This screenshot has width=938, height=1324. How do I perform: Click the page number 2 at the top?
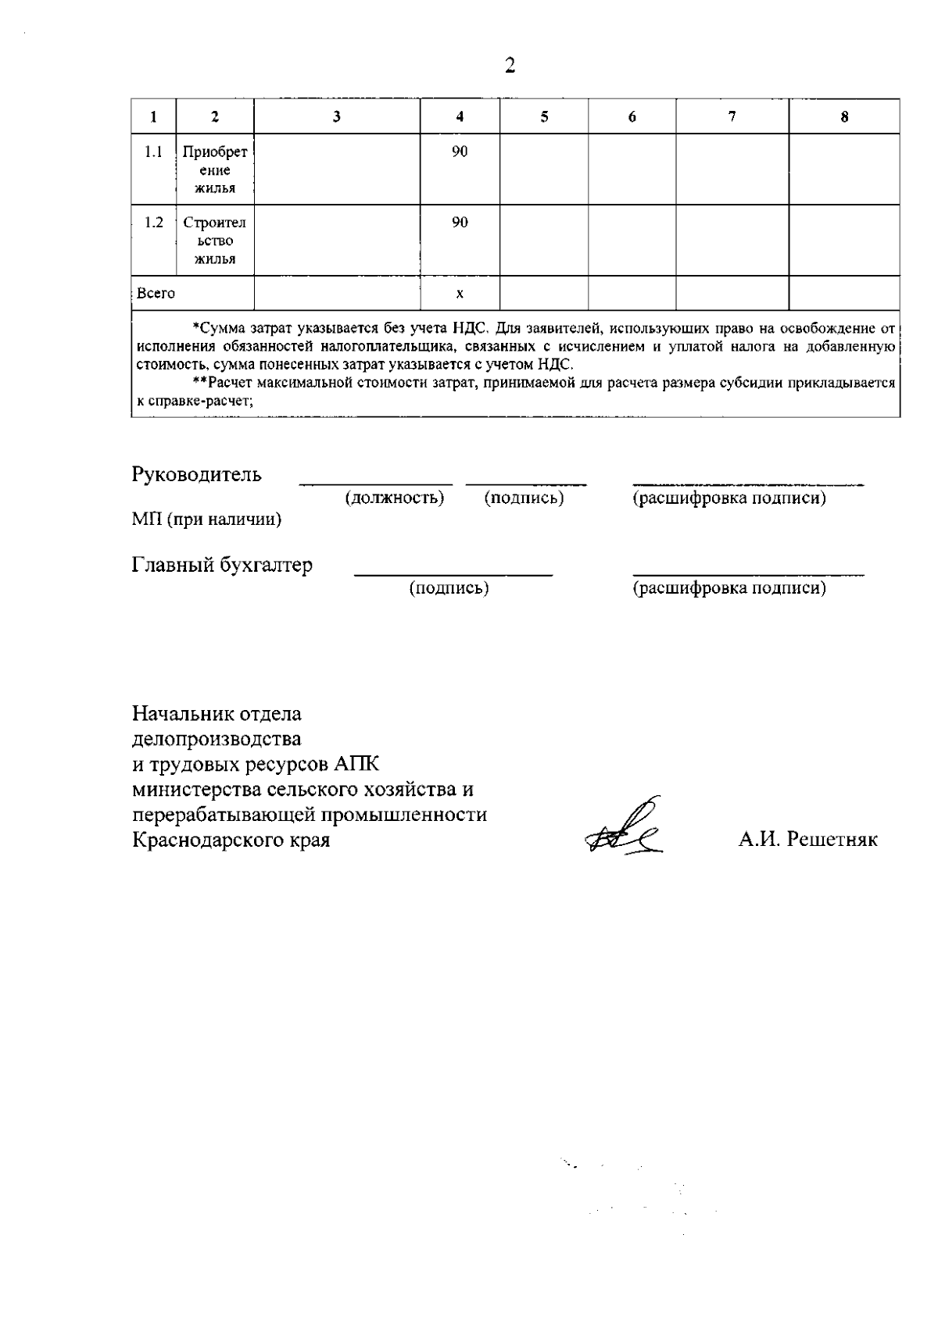(510, 66)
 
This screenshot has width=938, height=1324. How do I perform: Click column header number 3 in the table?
(337, 117)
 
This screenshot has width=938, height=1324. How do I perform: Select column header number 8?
(844, 117)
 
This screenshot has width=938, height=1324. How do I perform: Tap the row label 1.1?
(154, 152)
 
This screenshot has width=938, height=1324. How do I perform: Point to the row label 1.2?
(154, 223)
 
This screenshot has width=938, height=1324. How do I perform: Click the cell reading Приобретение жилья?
(215, 170)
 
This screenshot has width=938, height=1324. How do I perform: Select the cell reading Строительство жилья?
(215, 241)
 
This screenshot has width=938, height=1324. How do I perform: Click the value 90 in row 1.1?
(460, 152)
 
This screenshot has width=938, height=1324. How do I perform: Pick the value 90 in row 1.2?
(460, 223)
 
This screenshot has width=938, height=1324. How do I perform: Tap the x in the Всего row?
(460, 294)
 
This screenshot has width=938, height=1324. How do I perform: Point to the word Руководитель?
(197, 474)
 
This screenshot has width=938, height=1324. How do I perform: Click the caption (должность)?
(395, 498)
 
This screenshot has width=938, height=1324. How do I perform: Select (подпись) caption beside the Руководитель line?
(524, 498)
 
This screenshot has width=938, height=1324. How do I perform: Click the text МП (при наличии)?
(206, 519)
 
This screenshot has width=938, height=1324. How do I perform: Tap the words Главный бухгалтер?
(222, 565)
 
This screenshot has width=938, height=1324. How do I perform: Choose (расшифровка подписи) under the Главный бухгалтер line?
(729, 587)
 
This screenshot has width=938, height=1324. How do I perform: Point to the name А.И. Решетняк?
(808, 840)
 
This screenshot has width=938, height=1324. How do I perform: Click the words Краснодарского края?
(231, 840)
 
